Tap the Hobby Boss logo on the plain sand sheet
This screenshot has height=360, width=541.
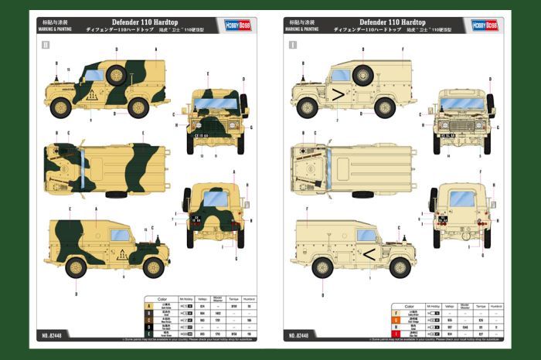coord(484,25)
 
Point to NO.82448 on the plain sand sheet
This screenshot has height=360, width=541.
coord(298,335)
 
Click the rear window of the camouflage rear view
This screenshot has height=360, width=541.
coord(216,199)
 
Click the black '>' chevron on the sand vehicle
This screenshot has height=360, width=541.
coord(337,95)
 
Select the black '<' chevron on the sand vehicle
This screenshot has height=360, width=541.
coord(370,253)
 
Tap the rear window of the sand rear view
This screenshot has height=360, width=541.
coord(461,199)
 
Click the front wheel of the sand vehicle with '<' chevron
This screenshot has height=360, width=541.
coord(400,267)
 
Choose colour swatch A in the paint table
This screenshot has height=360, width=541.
coord(149,306)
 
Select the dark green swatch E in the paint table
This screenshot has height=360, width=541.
coord(149,334)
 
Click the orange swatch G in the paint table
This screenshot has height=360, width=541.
coord(396,319)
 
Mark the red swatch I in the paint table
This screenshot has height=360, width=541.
coord(396,334)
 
